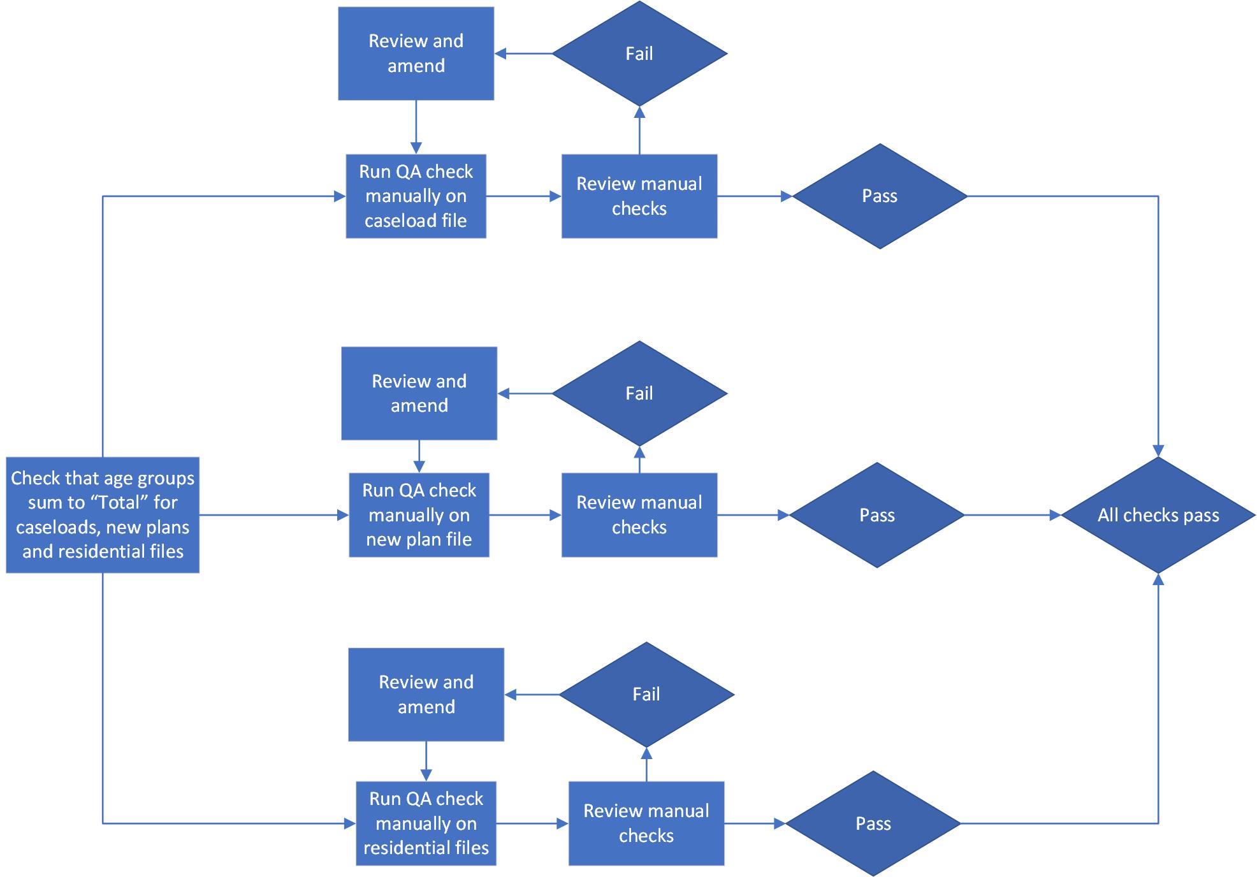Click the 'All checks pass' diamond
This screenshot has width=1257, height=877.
click(1158, 515)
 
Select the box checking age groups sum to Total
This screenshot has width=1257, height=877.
click(103, 515)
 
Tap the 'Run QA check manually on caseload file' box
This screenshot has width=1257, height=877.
click(416, 196)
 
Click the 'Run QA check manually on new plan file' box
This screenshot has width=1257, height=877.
click(419, 515)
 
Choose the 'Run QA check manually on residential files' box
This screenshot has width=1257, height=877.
click(426, 823)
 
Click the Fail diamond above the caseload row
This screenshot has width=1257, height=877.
click(639, 54)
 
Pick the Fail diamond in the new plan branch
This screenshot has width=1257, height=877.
click(639, 393)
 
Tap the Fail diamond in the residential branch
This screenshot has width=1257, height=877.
click(646, 694)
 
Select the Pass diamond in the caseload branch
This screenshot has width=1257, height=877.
click(880, 196)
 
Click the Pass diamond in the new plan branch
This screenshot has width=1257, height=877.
click(877, 515)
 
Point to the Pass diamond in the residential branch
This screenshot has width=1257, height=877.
click(873, 823)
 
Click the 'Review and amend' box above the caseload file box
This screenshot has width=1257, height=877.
click(416, 54)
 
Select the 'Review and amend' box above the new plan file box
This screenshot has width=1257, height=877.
click(419, 393)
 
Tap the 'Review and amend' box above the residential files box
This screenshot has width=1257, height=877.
click(426, 694)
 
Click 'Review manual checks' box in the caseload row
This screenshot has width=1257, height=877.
click(639, 196)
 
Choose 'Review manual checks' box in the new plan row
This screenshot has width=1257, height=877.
click(639, 515)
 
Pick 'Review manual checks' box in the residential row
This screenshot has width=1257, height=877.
click(646, 823)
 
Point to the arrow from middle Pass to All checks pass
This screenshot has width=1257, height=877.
click(1012, 515)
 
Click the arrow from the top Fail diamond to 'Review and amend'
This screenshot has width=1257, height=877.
click(524, 54)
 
